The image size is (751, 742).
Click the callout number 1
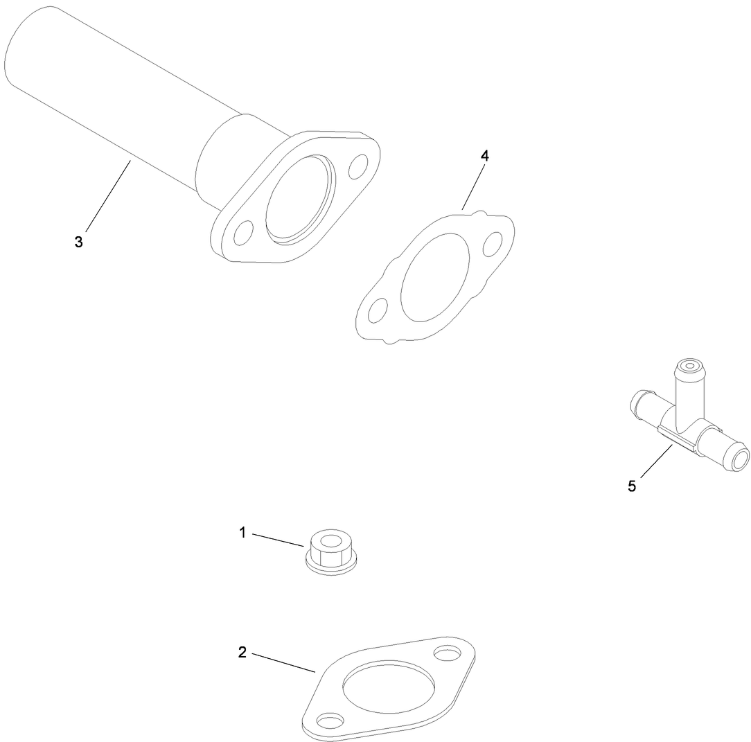[242, 532]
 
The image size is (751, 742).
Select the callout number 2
[242, 652]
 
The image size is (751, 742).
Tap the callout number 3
[78, 242]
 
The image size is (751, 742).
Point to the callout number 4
[485, 156]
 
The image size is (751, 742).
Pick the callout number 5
[631, 486]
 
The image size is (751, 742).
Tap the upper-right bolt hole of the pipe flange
[359, 166]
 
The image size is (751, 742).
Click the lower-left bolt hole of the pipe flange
[243, 233]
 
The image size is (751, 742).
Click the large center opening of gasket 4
[435, 276]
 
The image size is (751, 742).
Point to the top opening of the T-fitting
[690, 364]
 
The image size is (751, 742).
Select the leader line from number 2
[283, 662]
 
